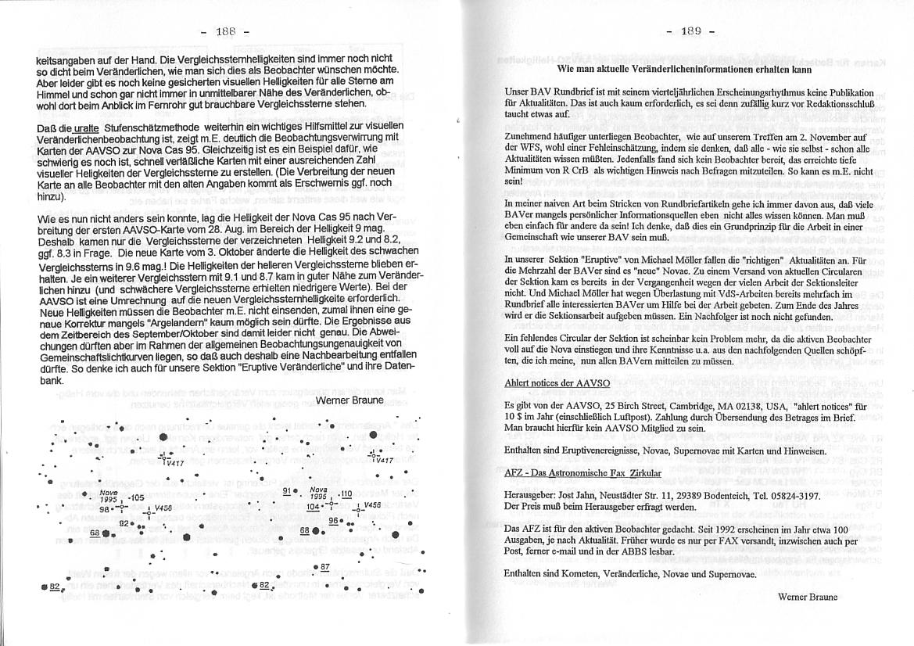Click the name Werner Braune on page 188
[x=349, y=400]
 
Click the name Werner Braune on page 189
[x=808, y=596]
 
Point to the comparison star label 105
[x=135, y=497]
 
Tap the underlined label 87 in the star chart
[x=325, y=566]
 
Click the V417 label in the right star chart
[x=382, y=460]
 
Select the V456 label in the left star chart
[x=163, y=508]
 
